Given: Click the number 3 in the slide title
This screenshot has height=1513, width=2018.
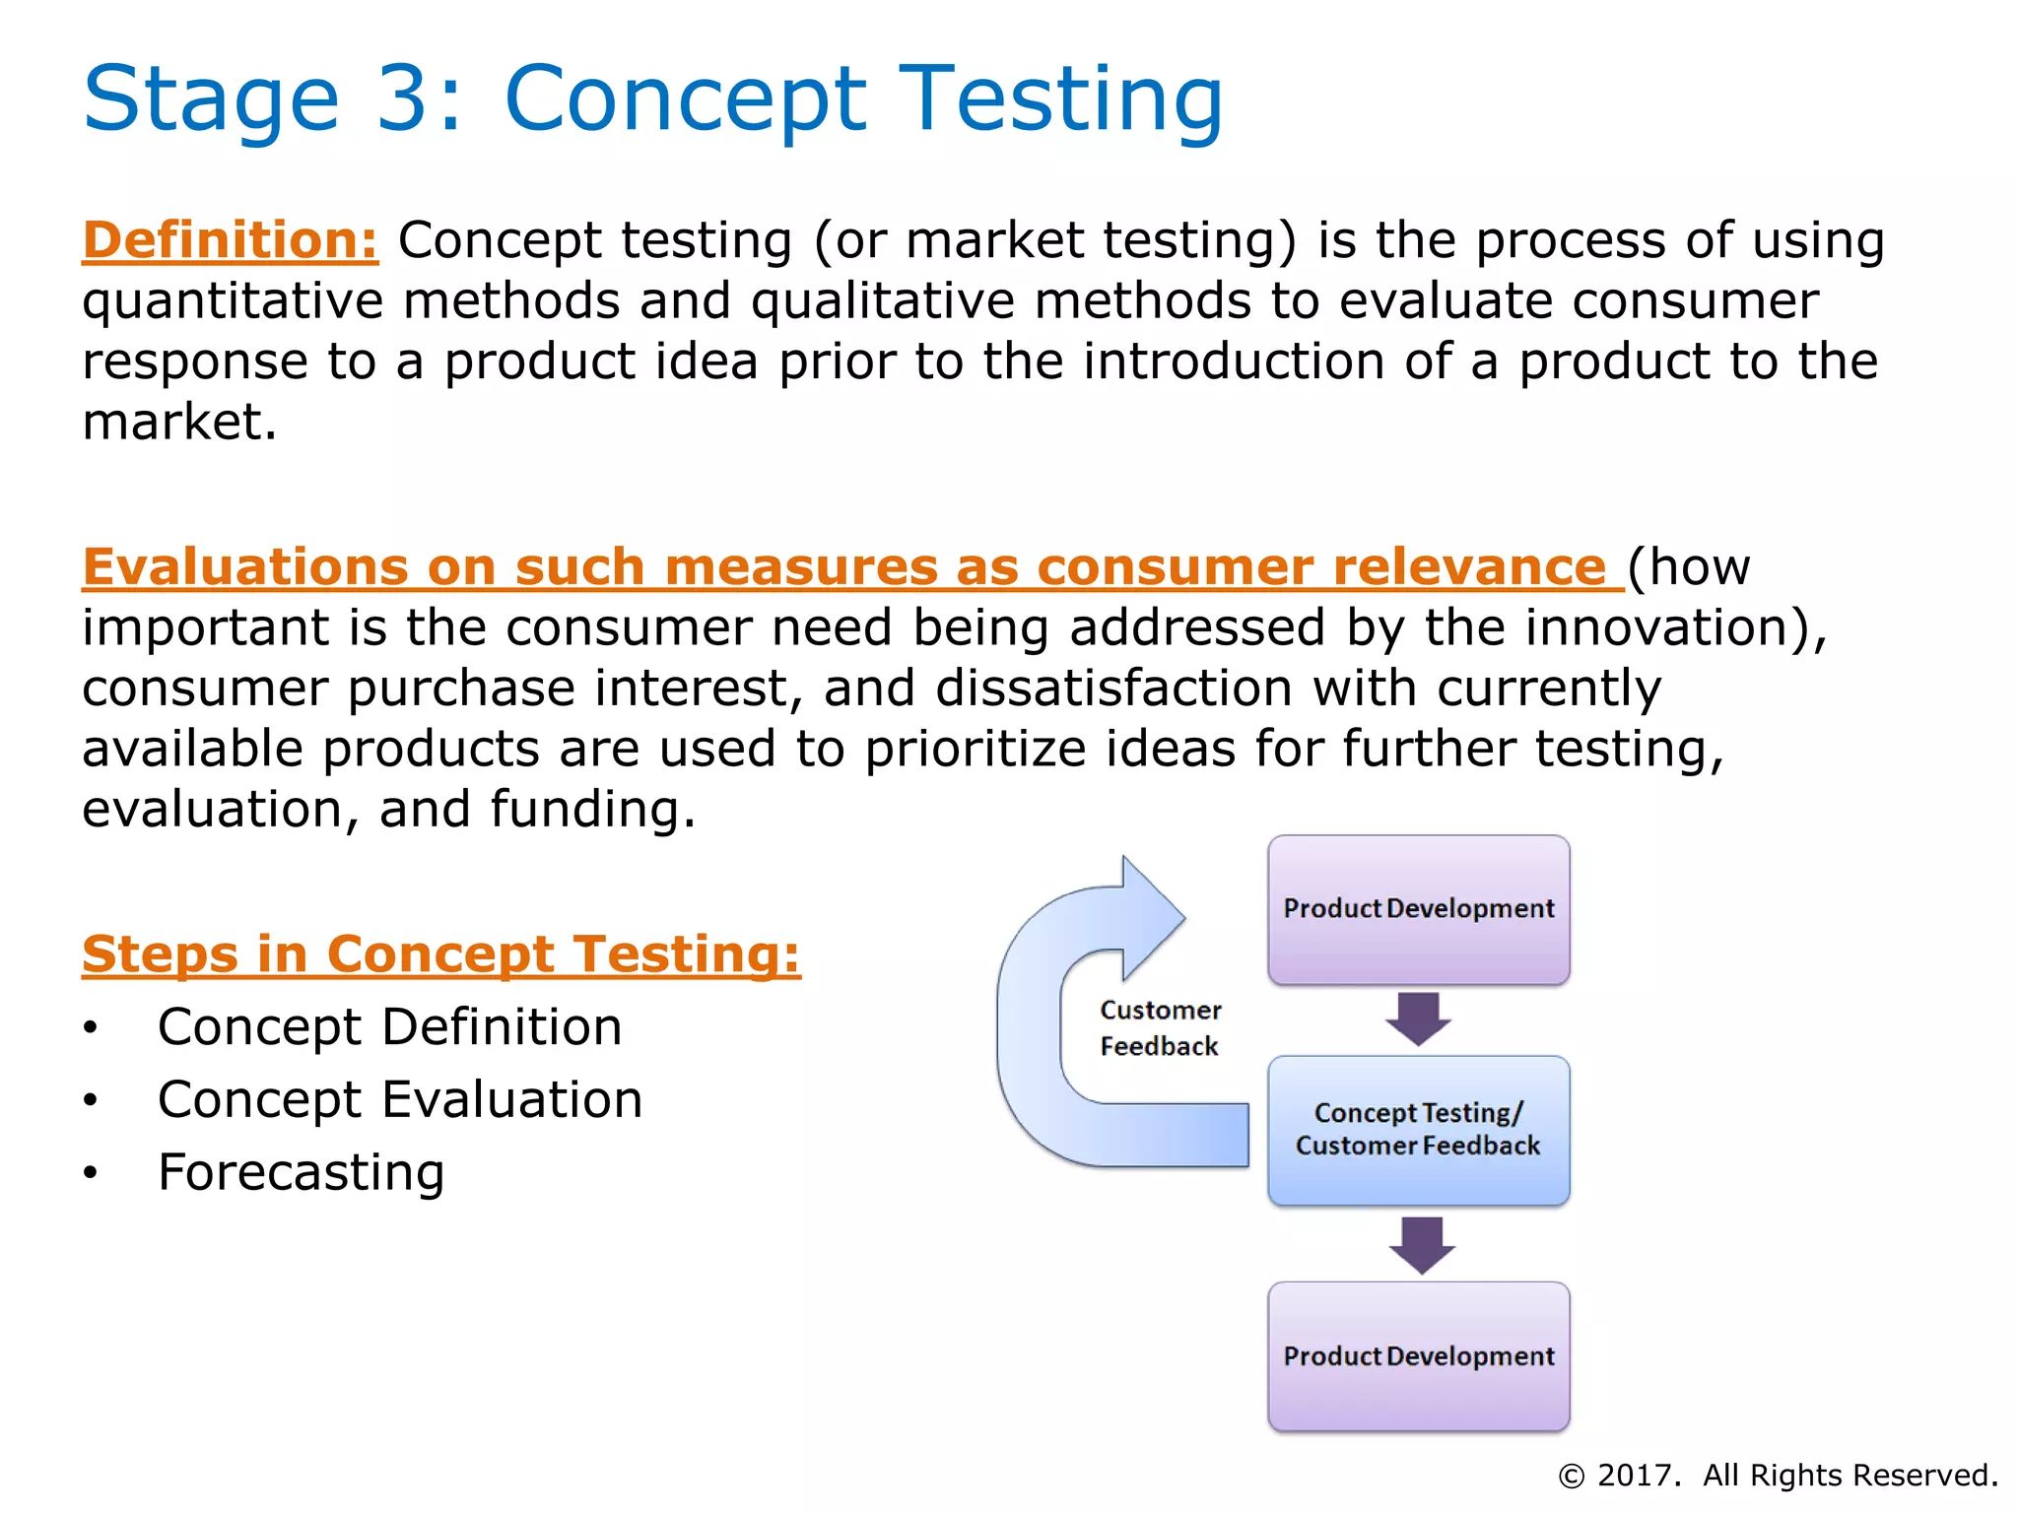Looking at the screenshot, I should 405,99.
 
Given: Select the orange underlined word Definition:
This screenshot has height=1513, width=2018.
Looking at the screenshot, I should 230,240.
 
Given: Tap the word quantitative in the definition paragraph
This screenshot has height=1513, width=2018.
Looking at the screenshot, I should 233,302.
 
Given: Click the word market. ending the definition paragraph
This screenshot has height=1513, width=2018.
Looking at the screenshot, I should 179,423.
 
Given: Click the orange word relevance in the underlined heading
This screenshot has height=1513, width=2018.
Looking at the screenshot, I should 1468,567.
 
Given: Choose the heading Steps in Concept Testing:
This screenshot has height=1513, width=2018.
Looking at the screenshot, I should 441,954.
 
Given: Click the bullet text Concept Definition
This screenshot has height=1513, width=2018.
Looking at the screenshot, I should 390,1027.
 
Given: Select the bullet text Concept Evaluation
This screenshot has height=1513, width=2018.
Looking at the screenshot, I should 400,1100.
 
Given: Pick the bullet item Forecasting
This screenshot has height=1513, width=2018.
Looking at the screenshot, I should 302,1172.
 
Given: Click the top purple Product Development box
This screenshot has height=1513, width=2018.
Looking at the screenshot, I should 1418,909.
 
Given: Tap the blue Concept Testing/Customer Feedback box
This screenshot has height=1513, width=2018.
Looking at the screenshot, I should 1418,1130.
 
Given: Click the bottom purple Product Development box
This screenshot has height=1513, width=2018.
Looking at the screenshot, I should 1418,1356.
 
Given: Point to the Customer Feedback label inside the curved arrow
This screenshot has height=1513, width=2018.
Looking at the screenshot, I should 1160,1028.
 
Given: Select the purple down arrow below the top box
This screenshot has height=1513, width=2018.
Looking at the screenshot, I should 1418,1019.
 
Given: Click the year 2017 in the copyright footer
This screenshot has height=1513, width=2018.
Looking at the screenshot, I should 1638,1476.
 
